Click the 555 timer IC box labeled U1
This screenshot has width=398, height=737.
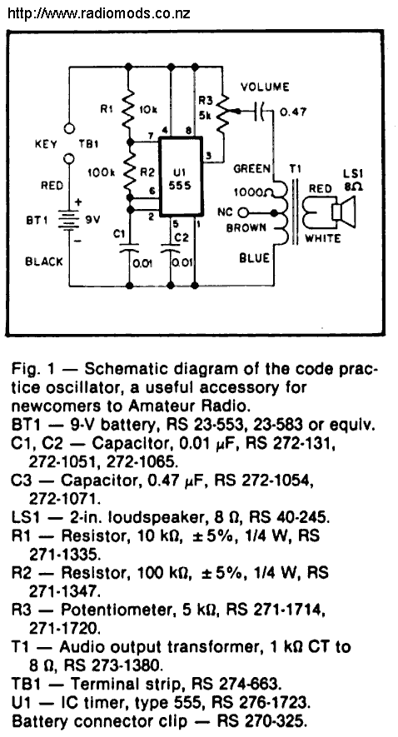[x=181, y=177]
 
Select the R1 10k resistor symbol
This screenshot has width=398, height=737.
[x=128, y=111]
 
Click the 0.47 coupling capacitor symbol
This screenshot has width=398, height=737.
[x=260, y=112]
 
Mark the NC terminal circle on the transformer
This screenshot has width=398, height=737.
[x=241, y=213]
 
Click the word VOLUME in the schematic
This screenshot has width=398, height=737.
[x=265, y=87]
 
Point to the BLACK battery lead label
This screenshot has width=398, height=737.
[x=43, y=261]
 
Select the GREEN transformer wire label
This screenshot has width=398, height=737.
[x=251, y=169]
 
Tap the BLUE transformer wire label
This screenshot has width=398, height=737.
[x=254, y=258]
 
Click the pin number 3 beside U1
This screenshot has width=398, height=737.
[x=208, y=156]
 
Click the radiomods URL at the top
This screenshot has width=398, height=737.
[x=99, y=12]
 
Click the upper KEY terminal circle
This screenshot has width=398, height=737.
[x=69, y=128]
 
